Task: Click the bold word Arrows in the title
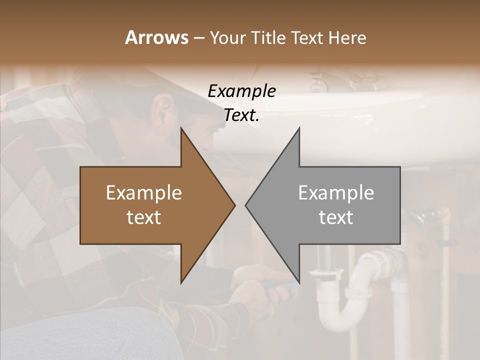156,37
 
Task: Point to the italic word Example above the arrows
241,91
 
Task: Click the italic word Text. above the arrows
241,115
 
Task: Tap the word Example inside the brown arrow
144,193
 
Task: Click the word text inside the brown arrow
144,217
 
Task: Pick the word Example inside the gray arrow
336,193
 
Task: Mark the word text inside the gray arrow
336,217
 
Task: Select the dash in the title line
198,38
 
